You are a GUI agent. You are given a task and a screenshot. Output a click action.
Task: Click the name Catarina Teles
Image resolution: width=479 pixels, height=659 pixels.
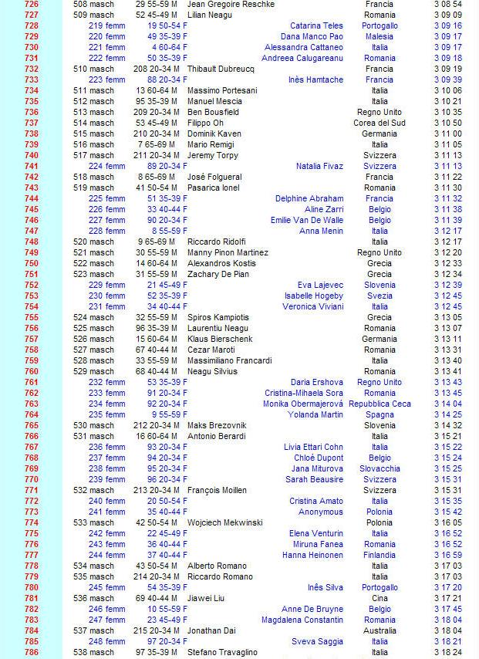(316, 25)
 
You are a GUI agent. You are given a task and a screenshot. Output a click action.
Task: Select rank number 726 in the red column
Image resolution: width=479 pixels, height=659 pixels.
(32, 4)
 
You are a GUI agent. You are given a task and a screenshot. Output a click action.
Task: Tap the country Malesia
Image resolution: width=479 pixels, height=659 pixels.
(379, 36)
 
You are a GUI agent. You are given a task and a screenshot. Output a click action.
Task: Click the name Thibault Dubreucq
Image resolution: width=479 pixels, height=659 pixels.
(221, 69)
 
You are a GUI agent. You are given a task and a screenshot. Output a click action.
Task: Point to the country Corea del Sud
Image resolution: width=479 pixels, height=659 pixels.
(379, 123)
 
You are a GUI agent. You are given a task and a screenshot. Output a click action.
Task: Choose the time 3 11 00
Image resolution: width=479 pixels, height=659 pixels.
(447, 133)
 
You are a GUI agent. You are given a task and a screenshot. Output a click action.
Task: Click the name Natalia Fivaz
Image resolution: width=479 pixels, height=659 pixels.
(319, 166)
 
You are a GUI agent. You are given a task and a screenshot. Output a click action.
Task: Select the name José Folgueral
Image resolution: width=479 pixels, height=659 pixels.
(214, 177)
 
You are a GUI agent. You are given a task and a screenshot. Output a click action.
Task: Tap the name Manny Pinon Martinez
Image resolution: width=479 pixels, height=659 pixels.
(228, 252)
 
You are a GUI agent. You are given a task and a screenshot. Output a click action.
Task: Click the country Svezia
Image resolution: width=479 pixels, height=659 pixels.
(379, 296)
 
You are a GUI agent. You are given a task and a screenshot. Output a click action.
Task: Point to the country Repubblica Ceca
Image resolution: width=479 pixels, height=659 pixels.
(379, 404)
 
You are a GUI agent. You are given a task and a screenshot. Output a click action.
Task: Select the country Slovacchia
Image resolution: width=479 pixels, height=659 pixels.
(379, 468)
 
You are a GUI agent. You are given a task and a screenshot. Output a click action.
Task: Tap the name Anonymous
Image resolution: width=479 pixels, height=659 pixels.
(320, 512)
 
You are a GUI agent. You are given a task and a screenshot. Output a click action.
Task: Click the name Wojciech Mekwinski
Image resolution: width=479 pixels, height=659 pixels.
(225, 522)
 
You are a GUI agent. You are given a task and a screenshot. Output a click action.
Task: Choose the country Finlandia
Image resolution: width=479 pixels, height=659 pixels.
(379, 555)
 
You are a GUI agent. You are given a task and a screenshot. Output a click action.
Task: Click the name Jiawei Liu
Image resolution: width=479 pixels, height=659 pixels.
(206, 598)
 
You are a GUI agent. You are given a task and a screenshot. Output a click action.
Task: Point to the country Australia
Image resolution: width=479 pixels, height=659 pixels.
(379, 630)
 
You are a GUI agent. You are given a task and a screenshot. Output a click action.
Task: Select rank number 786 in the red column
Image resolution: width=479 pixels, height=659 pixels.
(32, 652)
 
